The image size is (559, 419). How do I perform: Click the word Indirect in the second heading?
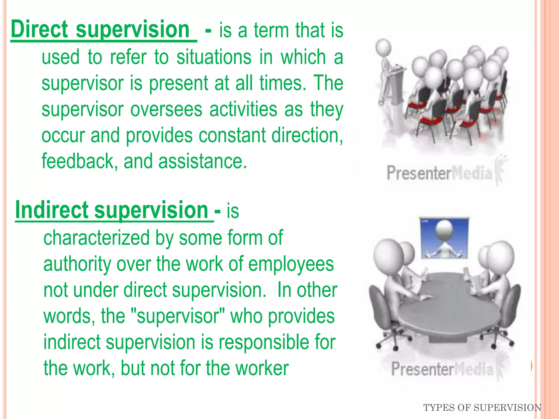(52, 210)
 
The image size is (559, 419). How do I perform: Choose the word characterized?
(96, 238)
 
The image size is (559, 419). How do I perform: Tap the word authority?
(77, 264)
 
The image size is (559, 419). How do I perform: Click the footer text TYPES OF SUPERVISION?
(482, 408)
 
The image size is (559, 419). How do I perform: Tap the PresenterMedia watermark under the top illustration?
(439, 173)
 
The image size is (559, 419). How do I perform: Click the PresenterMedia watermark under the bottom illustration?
(442, 369)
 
